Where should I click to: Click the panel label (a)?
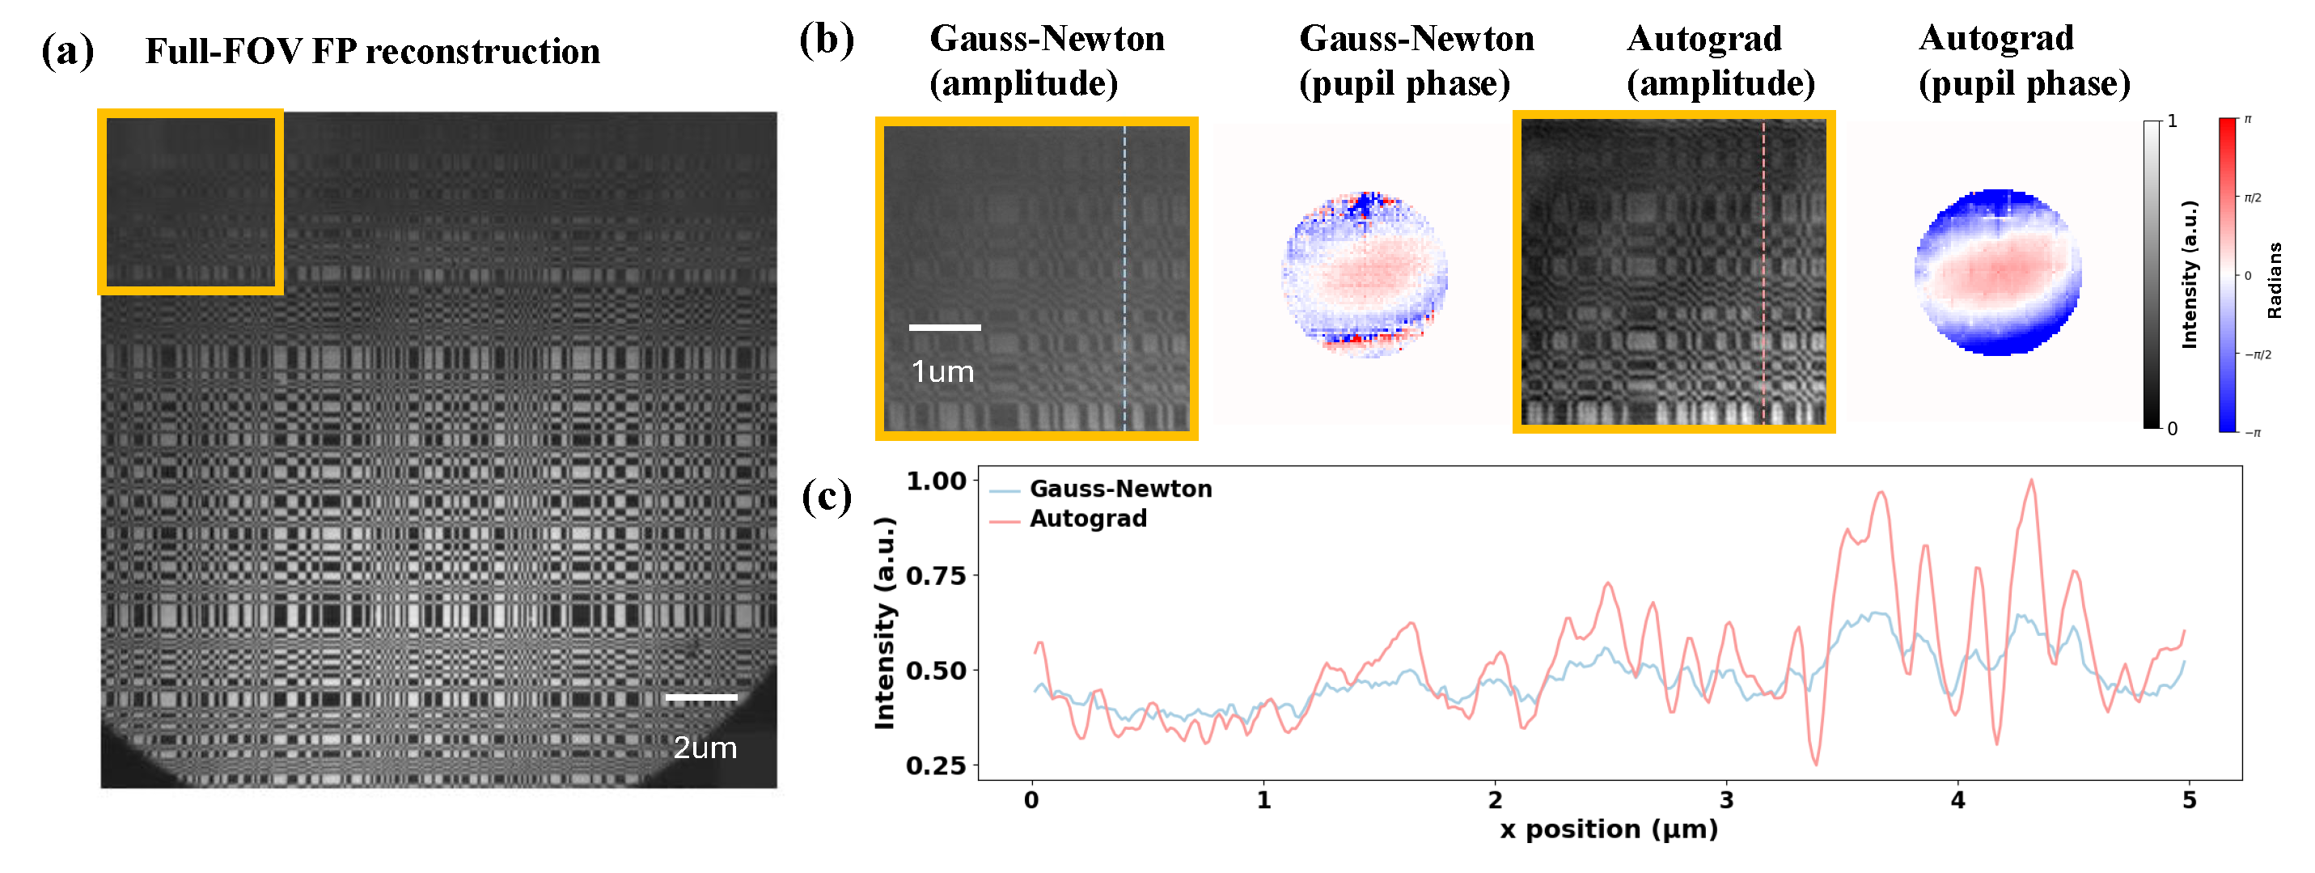[x=67, y=51]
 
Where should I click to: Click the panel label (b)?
[x=826, y=40]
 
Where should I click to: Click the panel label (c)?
[x=826, y=496]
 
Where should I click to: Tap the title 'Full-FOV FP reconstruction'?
[x=372, y=51]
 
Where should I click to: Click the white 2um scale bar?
[x=701, y=697]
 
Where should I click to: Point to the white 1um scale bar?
[x=945, y=327]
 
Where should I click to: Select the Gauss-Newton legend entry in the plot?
[x=1119, y=489]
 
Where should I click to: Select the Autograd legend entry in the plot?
[x=1087, y=519]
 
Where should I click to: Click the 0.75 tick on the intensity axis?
[x=934, y=575]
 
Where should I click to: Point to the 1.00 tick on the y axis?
[x=934, y=481]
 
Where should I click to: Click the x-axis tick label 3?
[x=1726, y=800]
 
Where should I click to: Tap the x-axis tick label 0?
[x=1031, y=800]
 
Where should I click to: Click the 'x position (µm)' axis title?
[x=1609, y=829]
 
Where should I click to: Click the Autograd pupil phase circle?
[x=1998, y=273]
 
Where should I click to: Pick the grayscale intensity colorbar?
[x=2152, y=274]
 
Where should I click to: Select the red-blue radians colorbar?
[x=2227, y=274]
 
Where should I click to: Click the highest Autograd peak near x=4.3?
[x=2031, y=481]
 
